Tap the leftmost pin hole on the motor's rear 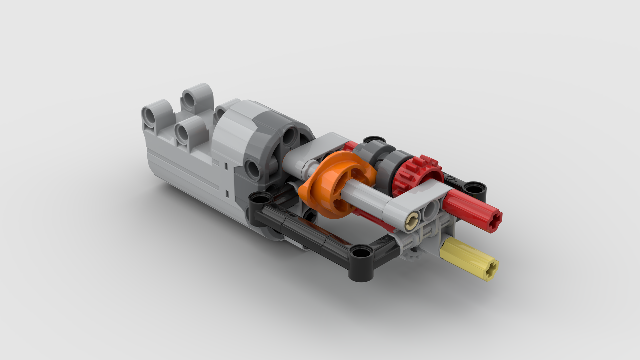coord(151,117)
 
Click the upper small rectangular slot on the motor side coord(226,166)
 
